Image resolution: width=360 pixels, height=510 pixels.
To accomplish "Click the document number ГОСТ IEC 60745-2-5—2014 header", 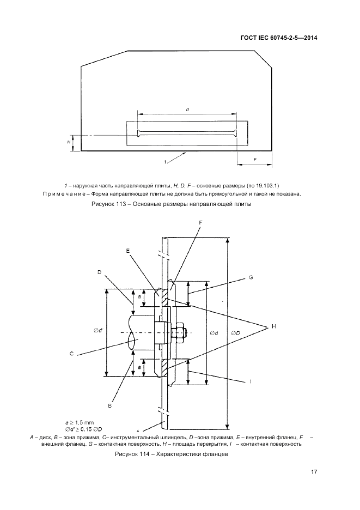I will pyautogui.click(x=279, y=38).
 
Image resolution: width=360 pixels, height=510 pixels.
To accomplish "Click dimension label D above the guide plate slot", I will pyautogui.click(x=187, y=110).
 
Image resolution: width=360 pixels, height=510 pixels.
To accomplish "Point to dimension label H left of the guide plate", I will pyautogui.click(x=69, y=141).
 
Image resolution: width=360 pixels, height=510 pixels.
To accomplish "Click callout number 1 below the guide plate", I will pyautogui.click(x=164, y=162).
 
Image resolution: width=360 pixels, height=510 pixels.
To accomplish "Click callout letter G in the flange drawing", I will pyautogui.click(x=251, y=277).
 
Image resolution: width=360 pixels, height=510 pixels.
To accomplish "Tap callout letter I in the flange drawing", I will pyautogui.click(x=251, y=382).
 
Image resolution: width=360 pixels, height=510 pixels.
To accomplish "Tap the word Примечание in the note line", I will pyautogui.click(x=63, y=193).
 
